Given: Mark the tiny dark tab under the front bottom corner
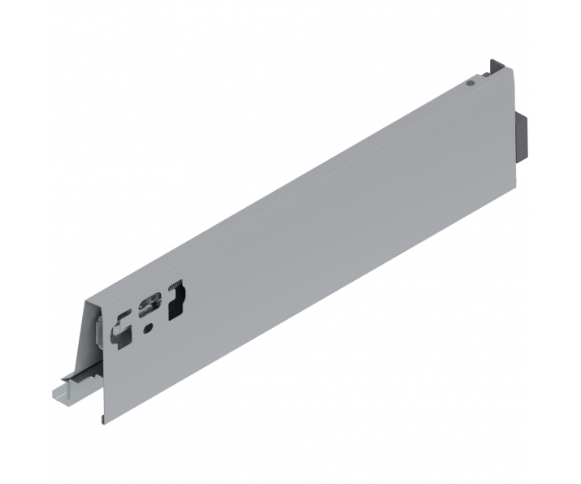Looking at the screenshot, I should (x=102, y=420).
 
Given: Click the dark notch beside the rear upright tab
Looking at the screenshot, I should (x=503, y=73).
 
